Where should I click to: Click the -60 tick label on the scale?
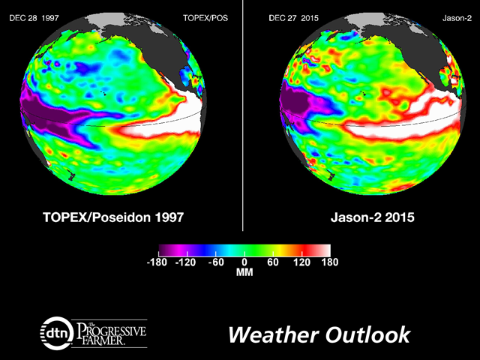click(x=216, y=263)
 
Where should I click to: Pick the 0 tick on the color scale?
click(x=245, y=263)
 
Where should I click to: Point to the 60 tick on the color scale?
click(x=272, y=263)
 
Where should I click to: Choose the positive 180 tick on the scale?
click(x=329, y=263)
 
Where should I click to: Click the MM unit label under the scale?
click(x=245, y=274)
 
